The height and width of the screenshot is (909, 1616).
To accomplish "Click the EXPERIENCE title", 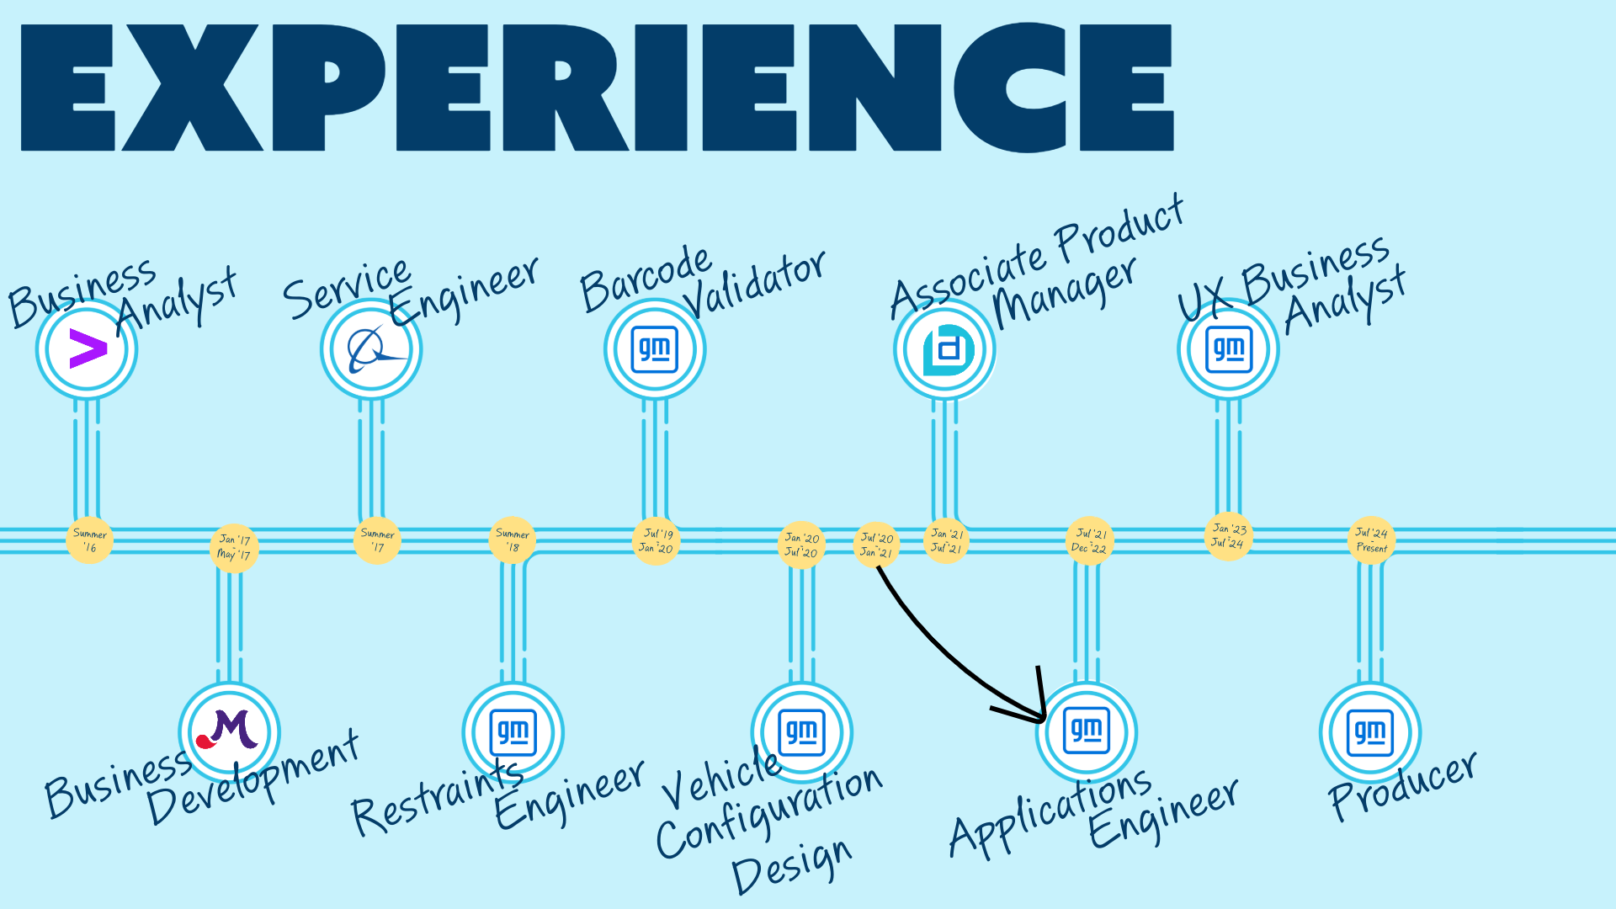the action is tap(597, 88).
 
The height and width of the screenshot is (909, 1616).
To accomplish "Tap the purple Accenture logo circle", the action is tap(87, 349).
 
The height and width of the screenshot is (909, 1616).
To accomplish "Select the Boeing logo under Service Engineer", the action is tap(371, 349).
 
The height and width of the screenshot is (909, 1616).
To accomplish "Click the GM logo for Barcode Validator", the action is tap(655, 349).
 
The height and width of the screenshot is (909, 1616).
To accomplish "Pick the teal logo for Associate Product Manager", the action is tap(944, 349).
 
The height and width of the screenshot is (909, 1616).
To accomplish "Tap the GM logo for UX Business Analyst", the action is tap(1229, 349).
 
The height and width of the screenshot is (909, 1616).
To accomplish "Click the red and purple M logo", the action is tap(229, 732).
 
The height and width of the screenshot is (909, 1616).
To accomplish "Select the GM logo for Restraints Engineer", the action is tap(513, 732).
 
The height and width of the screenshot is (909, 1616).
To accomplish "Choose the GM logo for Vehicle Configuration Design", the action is tap(802, 732).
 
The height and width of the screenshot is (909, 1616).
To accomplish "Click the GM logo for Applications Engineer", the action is tap(1087, 732).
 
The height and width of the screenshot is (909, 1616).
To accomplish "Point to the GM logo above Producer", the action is tap(1370, 732).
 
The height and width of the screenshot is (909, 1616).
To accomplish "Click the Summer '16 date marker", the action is tap(89, 540).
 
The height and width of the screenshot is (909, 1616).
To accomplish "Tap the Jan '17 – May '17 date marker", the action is tap(234, 547).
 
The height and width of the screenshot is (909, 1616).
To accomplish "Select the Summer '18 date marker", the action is tap(512, 540).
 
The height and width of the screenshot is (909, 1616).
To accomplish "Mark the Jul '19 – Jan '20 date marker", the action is tap(656, 540).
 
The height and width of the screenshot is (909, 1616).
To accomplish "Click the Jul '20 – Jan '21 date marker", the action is tap(876, 545).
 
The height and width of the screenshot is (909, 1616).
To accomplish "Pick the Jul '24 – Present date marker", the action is tap(1371, 540).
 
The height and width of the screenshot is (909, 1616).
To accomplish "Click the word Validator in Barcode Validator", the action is tap(754, 283).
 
